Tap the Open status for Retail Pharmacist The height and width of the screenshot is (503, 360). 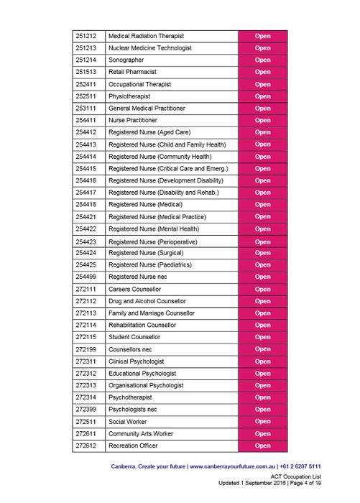[262, 72]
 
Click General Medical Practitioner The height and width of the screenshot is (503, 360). [147, 108]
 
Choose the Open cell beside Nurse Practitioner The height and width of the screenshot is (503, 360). [262, 120]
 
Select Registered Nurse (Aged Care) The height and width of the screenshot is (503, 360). [149, 132]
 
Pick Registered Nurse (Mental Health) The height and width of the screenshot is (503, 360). [153, 229]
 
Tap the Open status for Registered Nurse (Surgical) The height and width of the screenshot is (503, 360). [262, 253]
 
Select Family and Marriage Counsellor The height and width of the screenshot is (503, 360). [151, 313]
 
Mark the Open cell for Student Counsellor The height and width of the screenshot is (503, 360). [262, 337]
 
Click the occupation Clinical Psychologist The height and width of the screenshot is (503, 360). [137, 361]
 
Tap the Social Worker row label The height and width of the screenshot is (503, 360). [127, 422]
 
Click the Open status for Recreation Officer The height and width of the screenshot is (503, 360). [262, 446]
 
